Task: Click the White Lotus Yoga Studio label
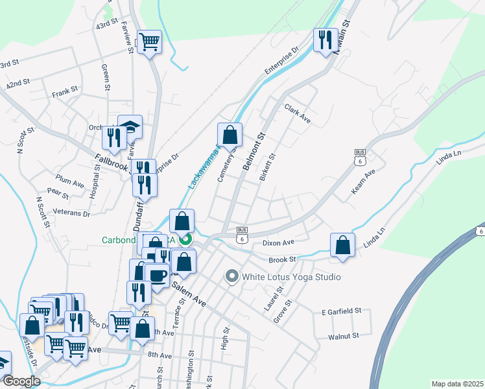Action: (x=291, y=277)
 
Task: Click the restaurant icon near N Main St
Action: (x=324, y=40)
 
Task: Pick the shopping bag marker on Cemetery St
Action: (x=230, y=136)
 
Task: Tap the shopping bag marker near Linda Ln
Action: (x=343, y=246)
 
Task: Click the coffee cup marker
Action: (x=158, y=276)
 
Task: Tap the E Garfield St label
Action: (x=341, y=312)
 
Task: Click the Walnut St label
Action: (x=343, y=336)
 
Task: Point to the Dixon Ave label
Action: (x=279, y=242)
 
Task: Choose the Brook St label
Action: (x=282, y=259)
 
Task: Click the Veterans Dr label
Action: (x=73, y=213)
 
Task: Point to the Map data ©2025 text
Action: (x=456, y=384)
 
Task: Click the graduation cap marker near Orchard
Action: (x=130, y=127)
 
